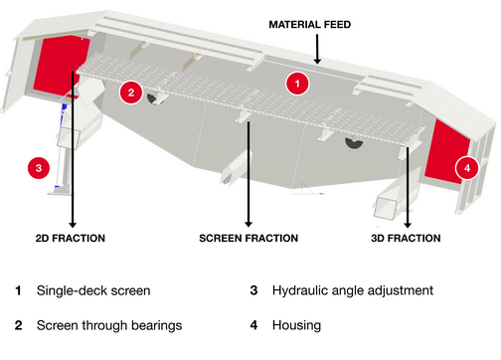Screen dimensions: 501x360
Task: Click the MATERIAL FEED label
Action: click(309, 25)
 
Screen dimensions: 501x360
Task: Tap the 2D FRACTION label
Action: click(71, 238)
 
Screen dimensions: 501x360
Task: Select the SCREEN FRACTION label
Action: click(249, 238)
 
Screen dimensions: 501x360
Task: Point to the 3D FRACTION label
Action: click(406, 238)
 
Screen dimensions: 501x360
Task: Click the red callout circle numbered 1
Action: click(297, 84)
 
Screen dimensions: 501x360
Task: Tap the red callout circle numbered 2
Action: click(131, 92)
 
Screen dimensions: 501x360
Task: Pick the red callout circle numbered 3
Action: click(39, 168)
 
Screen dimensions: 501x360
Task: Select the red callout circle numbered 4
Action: click(467, 168)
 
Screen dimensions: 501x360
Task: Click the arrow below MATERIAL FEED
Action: click(317, 49)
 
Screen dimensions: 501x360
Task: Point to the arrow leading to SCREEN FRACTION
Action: click(249, 174)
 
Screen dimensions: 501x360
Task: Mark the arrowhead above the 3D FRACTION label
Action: click(408, 225)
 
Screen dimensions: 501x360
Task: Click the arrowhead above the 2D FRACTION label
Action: click(73, 224)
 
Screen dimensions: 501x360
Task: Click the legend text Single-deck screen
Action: click(93, 290)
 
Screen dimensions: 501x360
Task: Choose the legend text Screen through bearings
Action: click(109, 325)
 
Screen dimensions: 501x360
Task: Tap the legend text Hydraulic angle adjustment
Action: click(353, 290)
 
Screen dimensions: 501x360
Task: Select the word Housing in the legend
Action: click(296, 325)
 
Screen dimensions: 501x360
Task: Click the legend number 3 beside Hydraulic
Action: click(253, 290)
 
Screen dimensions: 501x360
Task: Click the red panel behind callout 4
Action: click(444, 152)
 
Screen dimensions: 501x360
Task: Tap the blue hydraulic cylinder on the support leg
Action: click(64, 109)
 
